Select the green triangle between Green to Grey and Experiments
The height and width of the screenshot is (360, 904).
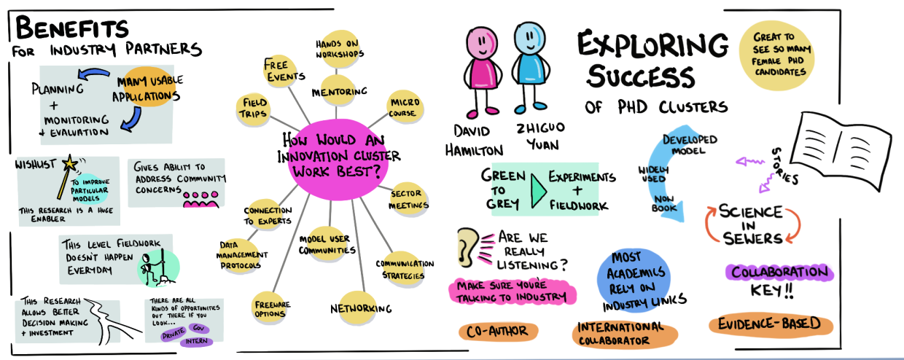point(538,188)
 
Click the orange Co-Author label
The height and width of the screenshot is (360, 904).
point(498,332)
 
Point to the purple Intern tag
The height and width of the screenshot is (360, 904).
point(198,340)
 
